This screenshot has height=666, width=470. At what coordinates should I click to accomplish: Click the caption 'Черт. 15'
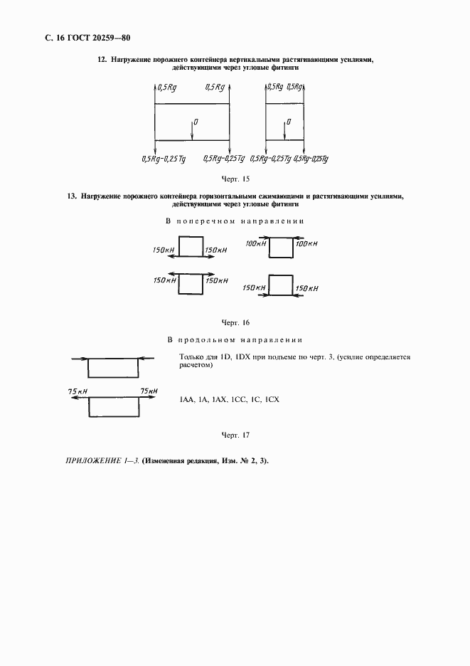click(235, 178)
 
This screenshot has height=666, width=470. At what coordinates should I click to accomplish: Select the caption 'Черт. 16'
click(235, 322)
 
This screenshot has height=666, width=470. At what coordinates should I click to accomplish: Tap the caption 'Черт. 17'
click(235, 434)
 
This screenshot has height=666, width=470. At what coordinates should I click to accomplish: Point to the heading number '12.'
click(102, 60)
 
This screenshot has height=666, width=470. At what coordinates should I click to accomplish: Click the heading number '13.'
click(72, 196)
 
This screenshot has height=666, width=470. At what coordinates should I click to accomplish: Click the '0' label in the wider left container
click(196, 122)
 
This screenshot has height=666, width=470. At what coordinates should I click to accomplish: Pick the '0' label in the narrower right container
click(289, 122)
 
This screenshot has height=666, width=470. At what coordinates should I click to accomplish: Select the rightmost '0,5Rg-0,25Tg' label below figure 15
click(311, 159)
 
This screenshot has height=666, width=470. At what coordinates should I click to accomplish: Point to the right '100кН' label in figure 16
click(306, 244)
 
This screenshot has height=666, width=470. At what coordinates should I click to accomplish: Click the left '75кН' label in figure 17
click(78, 391)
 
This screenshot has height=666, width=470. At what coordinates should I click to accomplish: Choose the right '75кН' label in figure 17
click(149, 391)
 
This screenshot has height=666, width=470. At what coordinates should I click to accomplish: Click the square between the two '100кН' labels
click(281, 248)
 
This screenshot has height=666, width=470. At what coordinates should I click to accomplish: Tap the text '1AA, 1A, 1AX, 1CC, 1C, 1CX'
click(230, 400)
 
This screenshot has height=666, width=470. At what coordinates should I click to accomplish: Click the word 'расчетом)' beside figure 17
click(193, 365)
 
